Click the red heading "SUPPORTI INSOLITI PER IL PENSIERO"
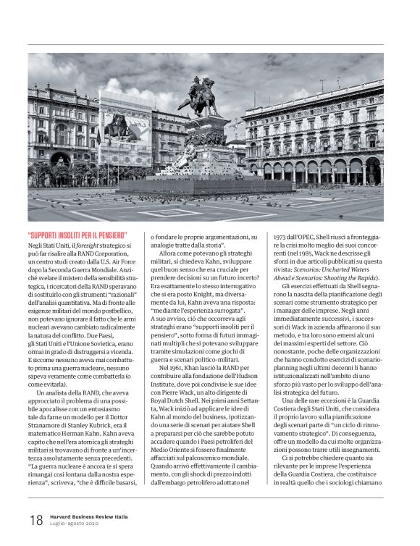[x=78, y=235]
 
